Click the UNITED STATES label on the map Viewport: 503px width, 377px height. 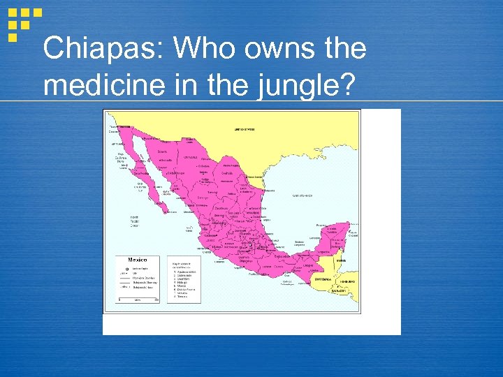pyautogui.click(x=245, y=130)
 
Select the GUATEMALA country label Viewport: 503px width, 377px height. pyautogui.click(x=323, y=278)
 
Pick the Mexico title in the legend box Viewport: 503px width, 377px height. pyautogui.click(x=129, y=259)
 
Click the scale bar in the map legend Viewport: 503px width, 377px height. pyautogui.click(x=138, y=299)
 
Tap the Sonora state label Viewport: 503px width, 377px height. pyautogui.click(x=162, y=150)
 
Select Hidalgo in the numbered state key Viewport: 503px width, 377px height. pyautogui.click(x=180, y=281)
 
